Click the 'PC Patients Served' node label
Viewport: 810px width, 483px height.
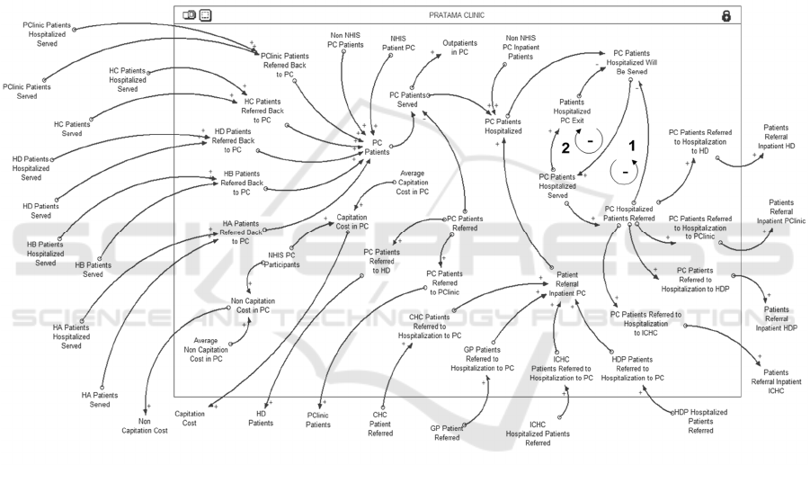point(408,99)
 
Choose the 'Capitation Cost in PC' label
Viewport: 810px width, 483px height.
point(359,221)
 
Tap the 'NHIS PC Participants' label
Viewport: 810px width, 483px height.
point(284,260)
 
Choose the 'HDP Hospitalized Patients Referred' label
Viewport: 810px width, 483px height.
point(700,421)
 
